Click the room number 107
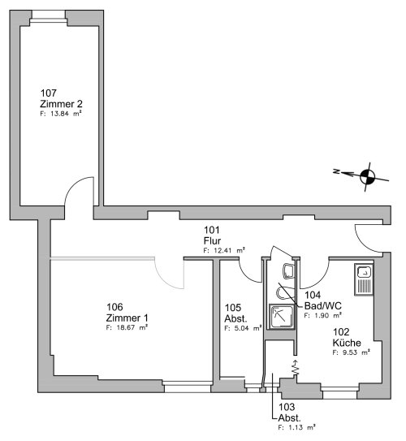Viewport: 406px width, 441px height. click(49, 93)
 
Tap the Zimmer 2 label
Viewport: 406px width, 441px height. click(61, 104)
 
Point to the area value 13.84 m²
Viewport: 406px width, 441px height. click(61, 114)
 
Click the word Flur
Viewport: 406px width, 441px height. click(212, 240)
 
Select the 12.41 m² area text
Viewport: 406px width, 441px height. click(224, 250)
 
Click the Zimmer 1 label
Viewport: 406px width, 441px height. click(127, 318)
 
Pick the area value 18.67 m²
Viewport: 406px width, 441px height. click(127, 327)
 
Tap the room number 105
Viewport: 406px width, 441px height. click(233, 308)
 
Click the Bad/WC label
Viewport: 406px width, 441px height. click(323, 305)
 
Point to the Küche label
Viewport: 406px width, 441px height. click(347, 343)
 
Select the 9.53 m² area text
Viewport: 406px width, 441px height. click(351, 352)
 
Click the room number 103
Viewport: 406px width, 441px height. click(287, 407)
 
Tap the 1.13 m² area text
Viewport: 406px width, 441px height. click(296, 427)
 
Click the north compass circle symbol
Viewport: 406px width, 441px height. click(368, 177)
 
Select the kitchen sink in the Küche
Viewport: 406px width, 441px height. click(364, 279)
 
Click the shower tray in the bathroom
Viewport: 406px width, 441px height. click(282, 317)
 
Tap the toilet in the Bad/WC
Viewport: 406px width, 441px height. click(288, 271)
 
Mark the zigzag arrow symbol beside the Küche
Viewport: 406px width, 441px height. click(295, 367)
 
